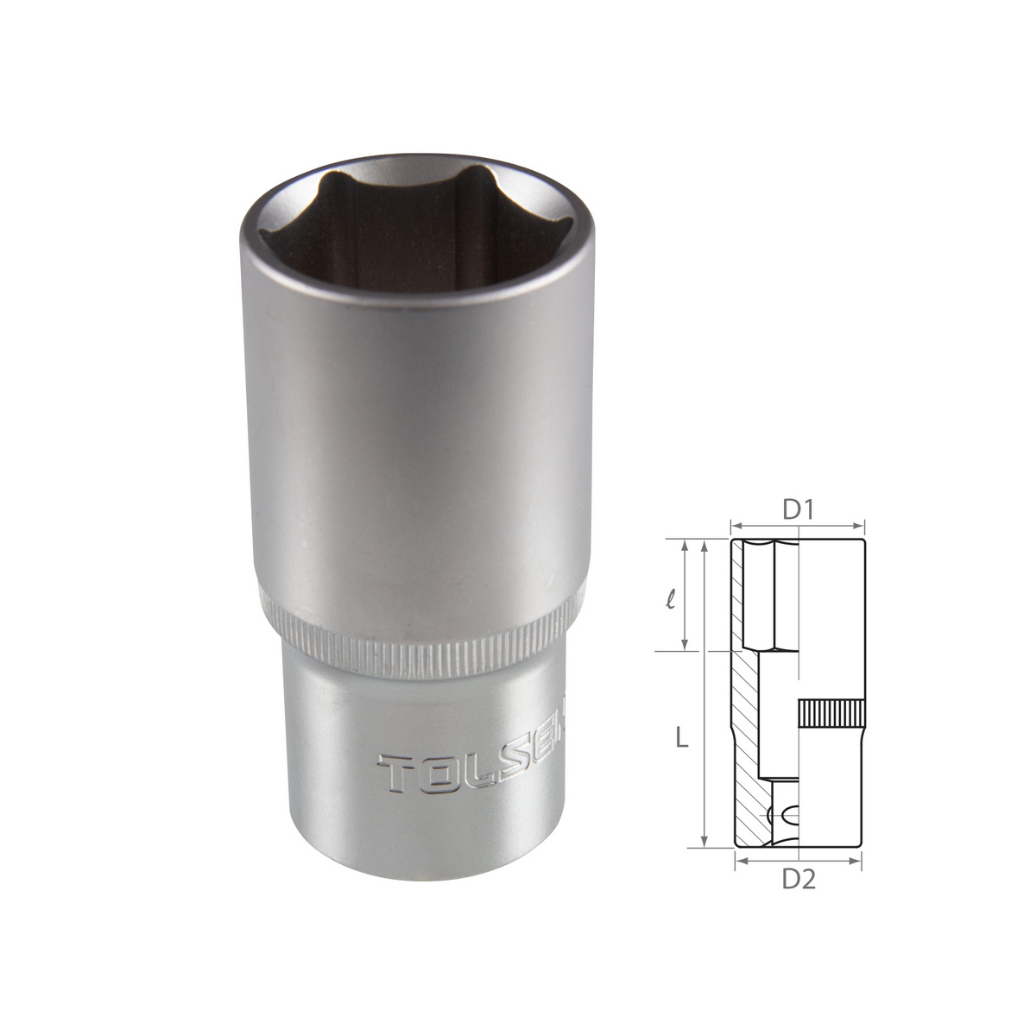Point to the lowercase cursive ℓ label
point(670,599)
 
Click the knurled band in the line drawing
point(831,713)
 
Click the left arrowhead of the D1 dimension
point(738,527)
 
